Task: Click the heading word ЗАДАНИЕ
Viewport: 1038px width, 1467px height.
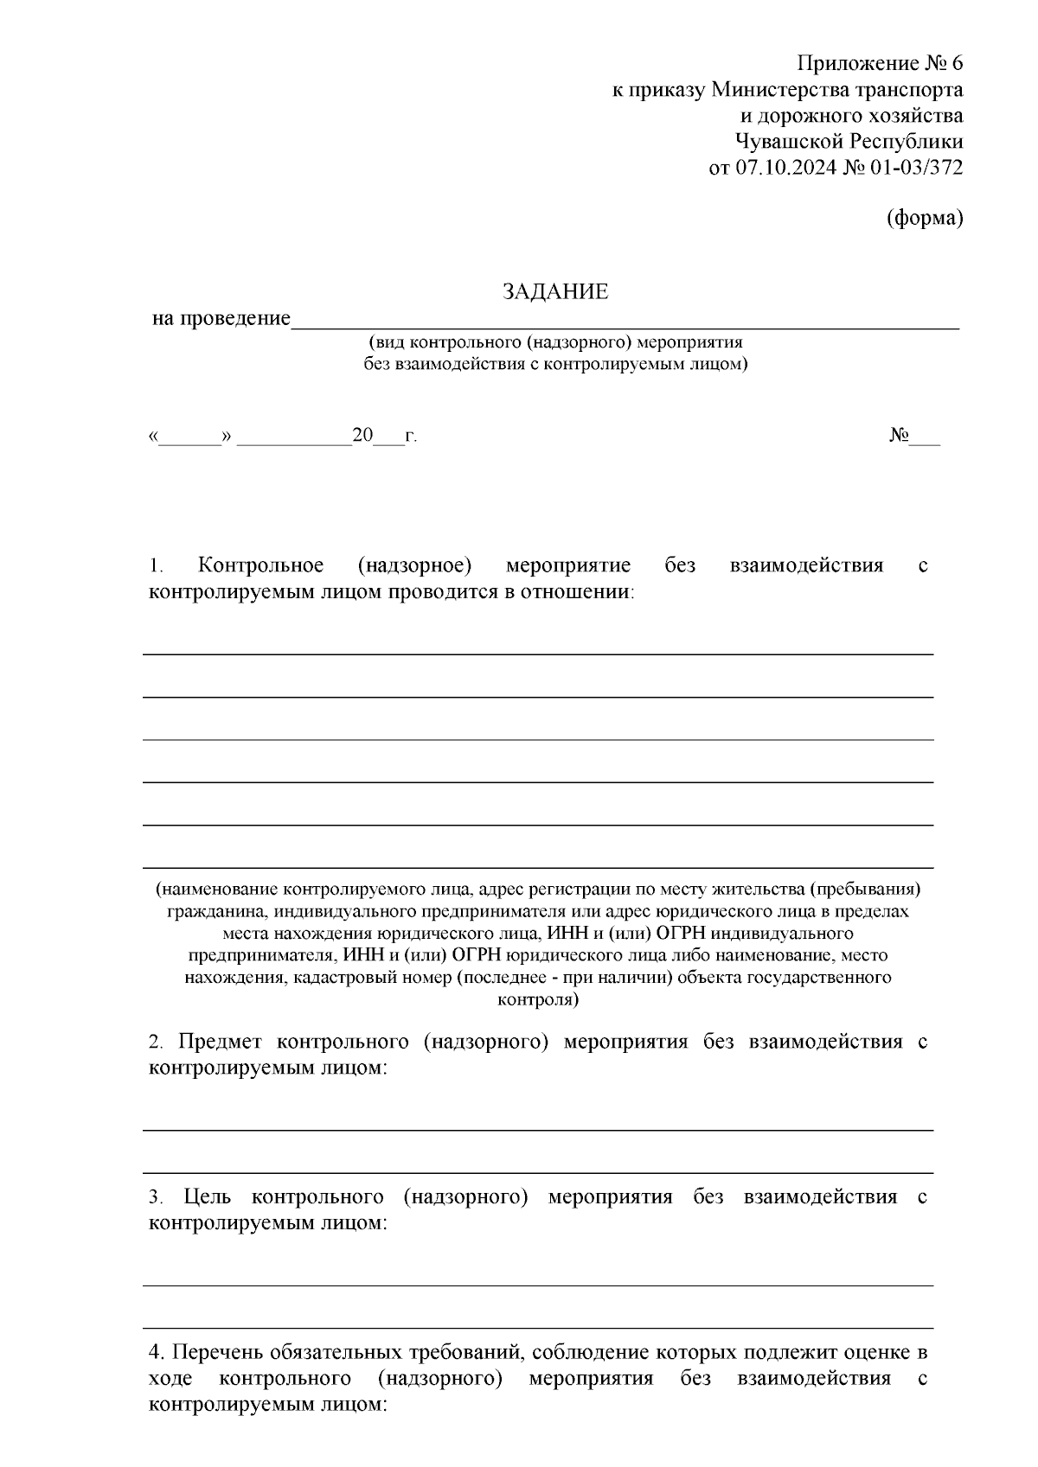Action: [x=555, y=292]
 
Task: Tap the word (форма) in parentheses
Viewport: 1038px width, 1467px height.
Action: [x=925, y=219]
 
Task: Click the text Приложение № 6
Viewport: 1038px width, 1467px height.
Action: [x=879, y=64]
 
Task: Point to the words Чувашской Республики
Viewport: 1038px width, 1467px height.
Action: [x=848, y=142]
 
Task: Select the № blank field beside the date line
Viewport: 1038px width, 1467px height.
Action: [x=925, y=437]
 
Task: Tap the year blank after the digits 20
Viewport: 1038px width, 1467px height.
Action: [x=388, y=437]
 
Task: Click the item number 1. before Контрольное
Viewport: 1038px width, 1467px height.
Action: [x=157, y=567]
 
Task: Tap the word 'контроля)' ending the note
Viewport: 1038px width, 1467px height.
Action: [x=538, y=1000]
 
